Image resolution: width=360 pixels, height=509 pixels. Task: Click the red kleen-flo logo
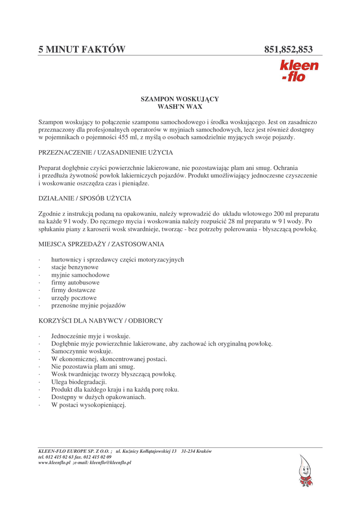click(299, 71)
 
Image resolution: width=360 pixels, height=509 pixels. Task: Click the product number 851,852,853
click(288, 49)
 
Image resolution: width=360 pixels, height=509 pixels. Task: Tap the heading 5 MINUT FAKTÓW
click(82, 49)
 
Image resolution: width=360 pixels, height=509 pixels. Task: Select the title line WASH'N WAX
click(180, 107)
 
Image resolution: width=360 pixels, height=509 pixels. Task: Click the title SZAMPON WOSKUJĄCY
click(180, 99)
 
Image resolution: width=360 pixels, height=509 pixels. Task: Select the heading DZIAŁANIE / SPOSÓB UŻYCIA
click(85, 198)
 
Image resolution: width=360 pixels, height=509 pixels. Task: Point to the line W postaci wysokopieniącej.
click(89, 405)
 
